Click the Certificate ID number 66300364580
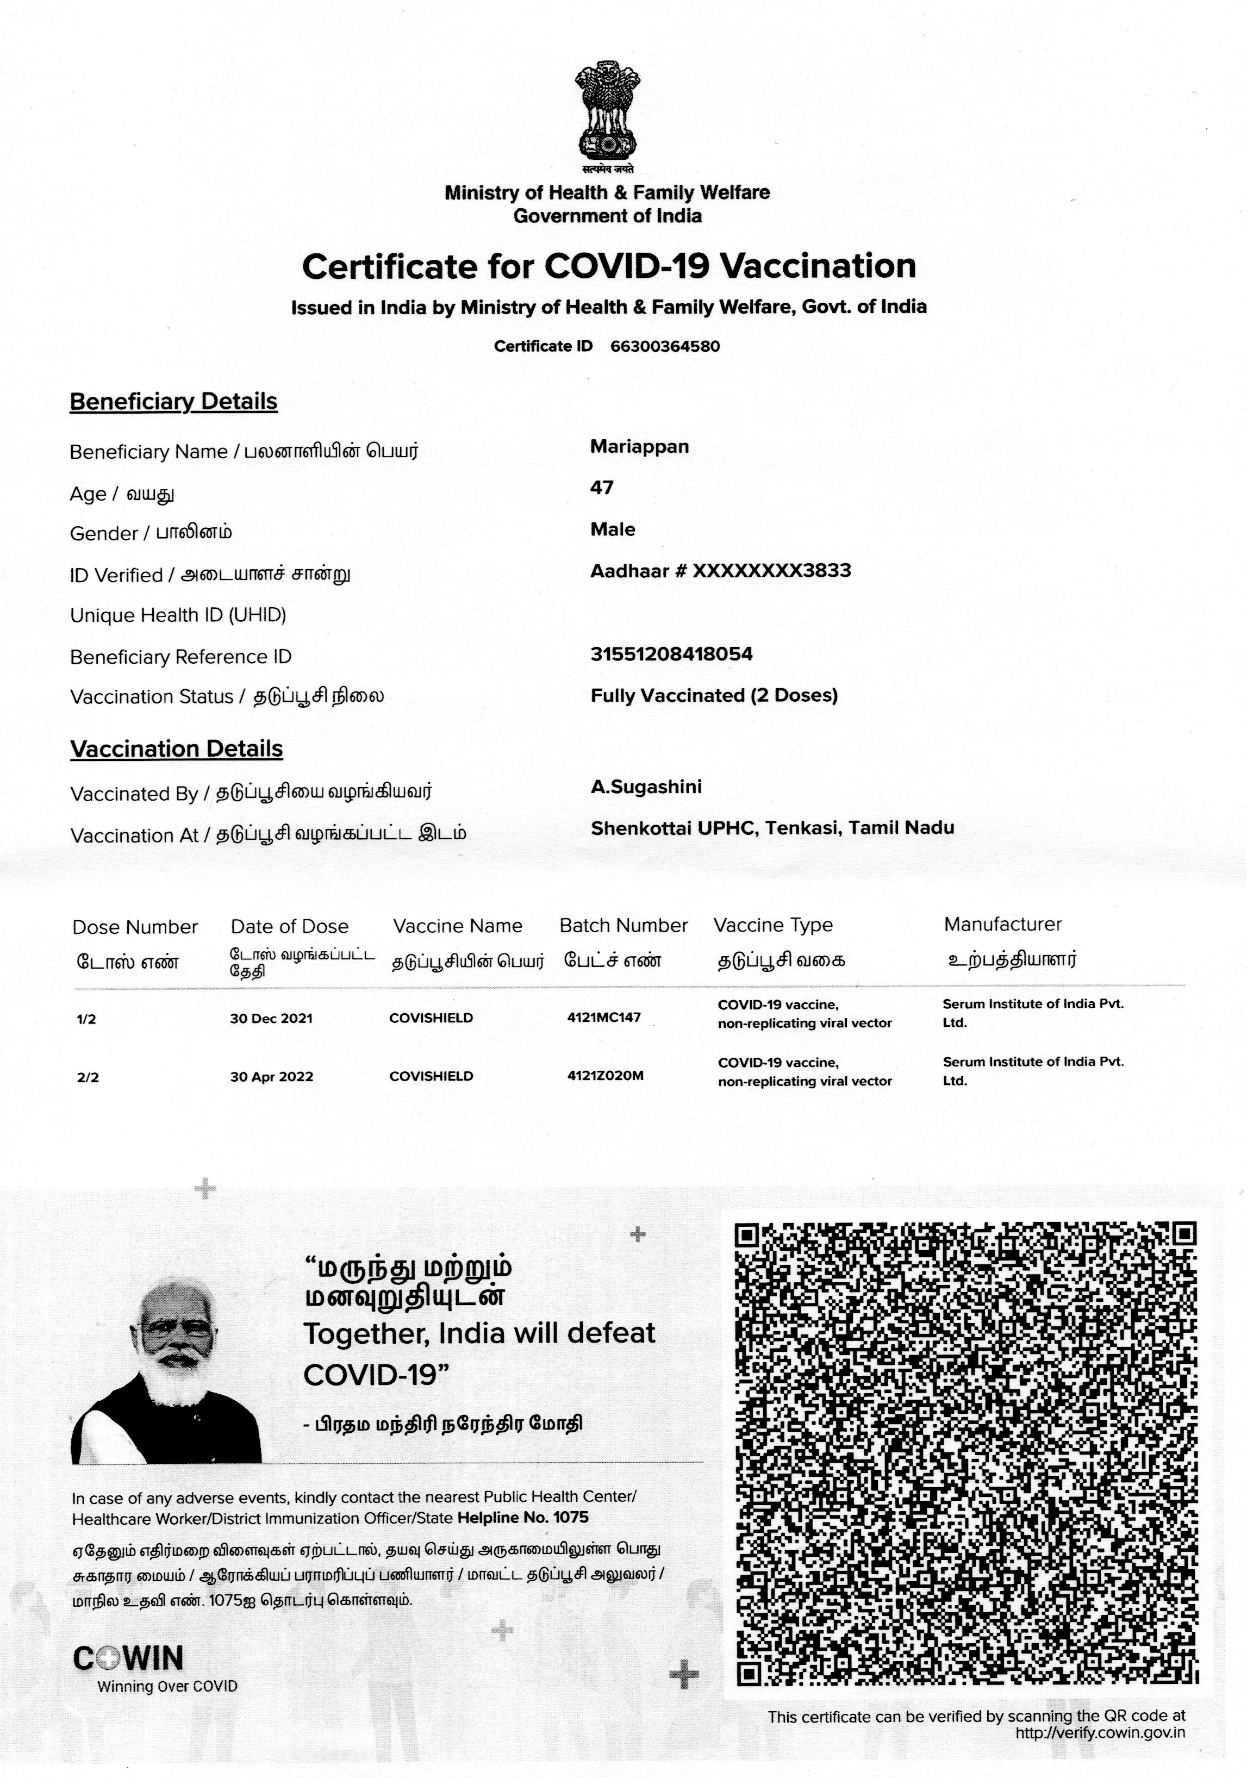point(665,346)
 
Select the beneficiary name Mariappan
point(639,446)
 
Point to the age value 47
point(602,488)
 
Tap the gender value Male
point(613,529)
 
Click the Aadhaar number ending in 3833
point(720,571)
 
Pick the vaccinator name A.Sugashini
point(646,787)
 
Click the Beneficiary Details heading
point(173,401)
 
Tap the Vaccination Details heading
point(177,749)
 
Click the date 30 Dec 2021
point(271,1018)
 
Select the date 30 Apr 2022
point(272,1076)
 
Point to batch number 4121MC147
point(604,1018)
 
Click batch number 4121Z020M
point(605,1076)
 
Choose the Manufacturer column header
point(1002,924)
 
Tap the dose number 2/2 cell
point(88,1077)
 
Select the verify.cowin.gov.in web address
point(1100,1733)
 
